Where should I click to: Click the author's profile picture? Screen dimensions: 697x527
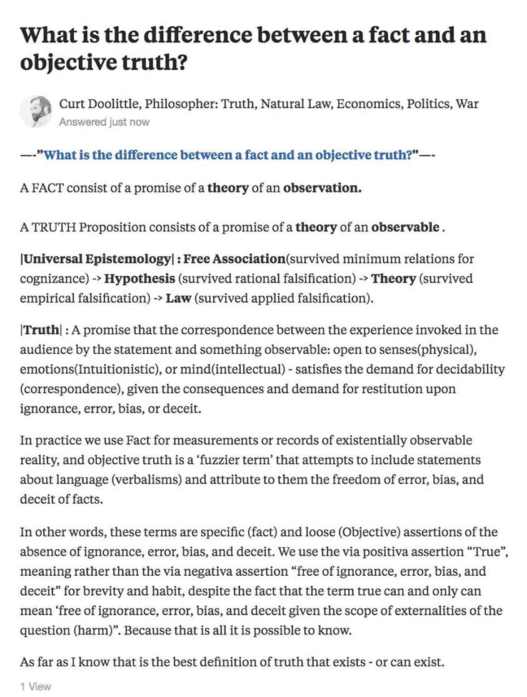point(36,111)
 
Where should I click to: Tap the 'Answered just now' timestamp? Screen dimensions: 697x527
point(104,122)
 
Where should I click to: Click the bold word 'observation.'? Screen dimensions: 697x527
point(322,188)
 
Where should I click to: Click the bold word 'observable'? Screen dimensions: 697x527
point(405,227)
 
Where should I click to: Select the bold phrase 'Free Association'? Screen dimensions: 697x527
point(234,258)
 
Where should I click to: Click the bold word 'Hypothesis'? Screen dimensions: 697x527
point(139,278)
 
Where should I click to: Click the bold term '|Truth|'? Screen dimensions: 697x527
point(41,329)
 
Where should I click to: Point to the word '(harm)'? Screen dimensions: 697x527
point(93,630)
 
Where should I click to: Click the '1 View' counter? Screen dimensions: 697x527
point(35,686)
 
